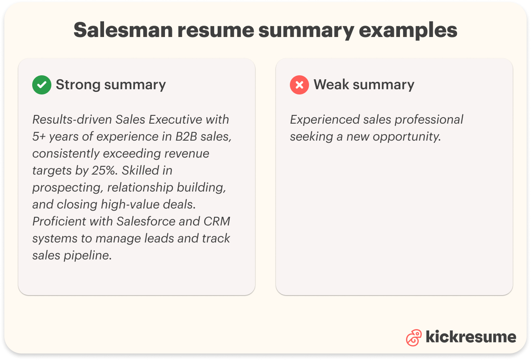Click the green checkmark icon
click(x=42, y=85)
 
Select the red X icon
click(x=299, y=85)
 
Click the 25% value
click(x=104, y=171)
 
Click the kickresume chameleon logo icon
click(x=413, y=337)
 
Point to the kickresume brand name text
click(x=471, y=337)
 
